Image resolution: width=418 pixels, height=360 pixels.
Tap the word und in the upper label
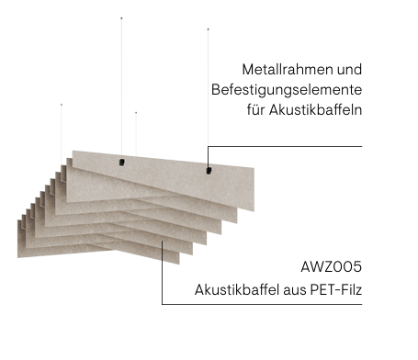click(x=350, y=70)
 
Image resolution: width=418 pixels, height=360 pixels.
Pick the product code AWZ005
click(x=332, y=268)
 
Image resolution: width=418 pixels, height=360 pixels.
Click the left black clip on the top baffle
click(x=122, y=163)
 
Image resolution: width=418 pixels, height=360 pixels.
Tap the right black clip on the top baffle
click(x=208, y=170)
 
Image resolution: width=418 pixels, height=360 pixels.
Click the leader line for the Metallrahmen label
click(x=285, y=146)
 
